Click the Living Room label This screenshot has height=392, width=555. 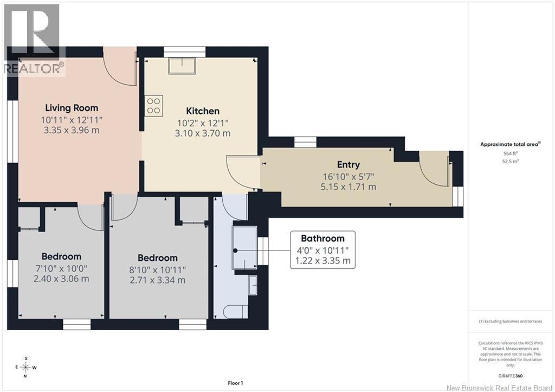click(72, 108)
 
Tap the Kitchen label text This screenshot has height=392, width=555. click(203, 111)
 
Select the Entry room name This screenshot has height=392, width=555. click(349, 164)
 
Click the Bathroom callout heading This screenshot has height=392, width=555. click(322, 239)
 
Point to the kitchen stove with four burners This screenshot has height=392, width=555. click(153, 106)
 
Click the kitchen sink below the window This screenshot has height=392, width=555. click(182, 66)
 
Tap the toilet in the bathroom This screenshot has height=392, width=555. click(236, 312)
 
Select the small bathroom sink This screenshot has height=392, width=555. click(253, 285)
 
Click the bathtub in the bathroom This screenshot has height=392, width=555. click(244, 248)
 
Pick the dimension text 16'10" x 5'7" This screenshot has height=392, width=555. click(349, 176)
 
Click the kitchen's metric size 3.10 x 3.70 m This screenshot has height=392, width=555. click(203, 133)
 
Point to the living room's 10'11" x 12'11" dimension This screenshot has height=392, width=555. click(72, 120)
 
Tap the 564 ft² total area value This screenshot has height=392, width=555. click(511, 153)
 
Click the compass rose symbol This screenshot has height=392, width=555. click(26, 367)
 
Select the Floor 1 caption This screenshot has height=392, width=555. click(235, 383)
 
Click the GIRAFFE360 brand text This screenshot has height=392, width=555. click(511, 376)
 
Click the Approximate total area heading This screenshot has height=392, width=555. click(511, 144)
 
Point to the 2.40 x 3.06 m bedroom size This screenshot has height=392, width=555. click(61, 279)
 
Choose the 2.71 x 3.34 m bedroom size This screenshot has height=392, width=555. click(158, 280)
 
